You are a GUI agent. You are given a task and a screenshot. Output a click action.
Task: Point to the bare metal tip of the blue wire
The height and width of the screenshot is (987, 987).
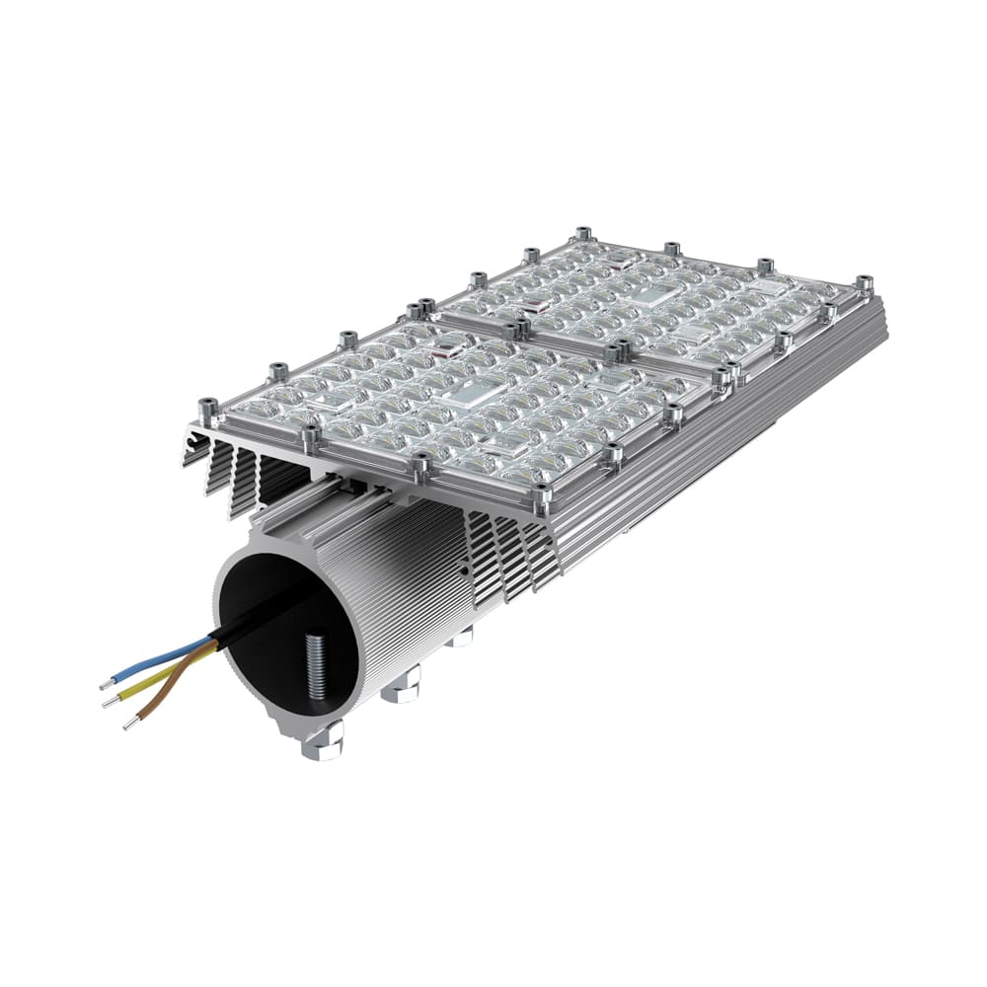pyautogui.click(x=106, y=684)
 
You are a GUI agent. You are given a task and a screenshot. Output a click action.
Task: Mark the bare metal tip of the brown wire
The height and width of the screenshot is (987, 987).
pyautogui.click(x=129, y=725)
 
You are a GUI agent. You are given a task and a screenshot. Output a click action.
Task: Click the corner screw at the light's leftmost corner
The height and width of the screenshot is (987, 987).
pyautogui.click(x=207, y=408)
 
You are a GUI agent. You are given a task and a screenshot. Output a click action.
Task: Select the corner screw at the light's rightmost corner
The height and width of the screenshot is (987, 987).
pyautogui.click(x=865, y=284)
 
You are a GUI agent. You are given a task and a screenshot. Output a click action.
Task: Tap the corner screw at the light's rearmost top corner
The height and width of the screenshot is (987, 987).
pyautogui.click(x=582, y=234)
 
